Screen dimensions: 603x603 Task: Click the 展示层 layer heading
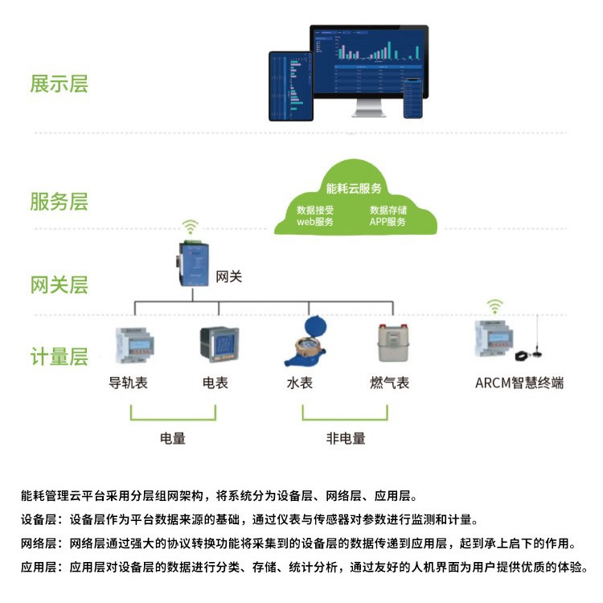(59, 84)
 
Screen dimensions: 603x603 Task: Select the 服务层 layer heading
(59, 201)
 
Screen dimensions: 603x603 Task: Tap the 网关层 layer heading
(59, 285)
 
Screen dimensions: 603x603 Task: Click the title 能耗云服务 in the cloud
(354, 189)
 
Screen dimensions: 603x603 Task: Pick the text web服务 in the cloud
(315, 222)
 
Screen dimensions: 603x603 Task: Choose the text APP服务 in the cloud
(388, 222)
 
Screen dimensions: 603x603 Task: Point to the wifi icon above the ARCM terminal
(495, 306)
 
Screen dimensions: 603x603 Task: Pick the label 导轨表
(129, 383)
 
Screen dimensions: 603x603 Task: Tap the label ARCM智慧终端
(519, 383)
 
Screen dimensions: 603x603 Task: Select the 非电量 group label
(345, 438)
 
